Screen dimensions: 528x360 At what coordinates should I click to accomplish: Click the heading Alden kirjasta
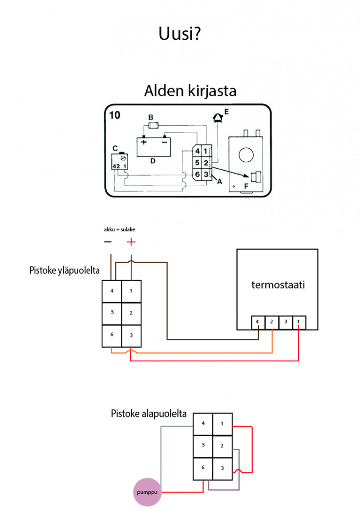point(190,91)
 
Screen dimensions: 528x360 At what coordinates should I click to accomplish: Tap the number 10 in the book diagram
point(115,115)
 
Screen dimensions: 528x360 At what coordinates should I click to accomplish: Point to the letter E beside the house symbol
point(226,112)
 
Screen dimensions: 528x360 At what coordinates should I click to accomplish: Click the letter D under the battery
point(153,160)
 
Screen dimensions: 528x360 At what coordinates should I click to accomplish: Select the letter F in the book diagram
point(246,186)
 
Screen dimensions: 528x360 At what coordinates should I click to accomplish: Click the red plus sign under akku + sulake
point(131,242)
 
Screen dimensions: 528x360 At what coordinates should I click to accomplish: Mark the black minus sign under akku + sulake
point(108,242)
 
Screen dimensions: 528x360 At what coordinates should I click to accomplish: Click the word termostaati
point(278,285)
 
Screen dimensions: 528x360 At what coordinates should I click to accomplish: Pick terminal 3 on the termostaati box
point(285,322)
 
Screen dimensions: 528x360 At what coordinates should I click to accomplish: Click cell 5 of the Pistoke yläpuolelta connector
point(112,312)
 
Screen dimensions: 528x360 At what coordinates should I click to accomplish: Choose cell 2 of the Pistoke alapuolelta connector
point(222,445)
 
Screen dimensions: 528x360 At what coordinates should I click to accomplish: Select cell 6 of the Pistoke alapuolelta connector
point(202,468)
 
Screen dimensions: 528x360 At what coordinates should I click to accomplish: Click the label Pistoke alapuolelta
point(149,414)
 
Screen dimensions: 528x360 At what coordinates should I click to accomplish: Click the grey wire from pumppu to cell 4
point(161,450)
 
